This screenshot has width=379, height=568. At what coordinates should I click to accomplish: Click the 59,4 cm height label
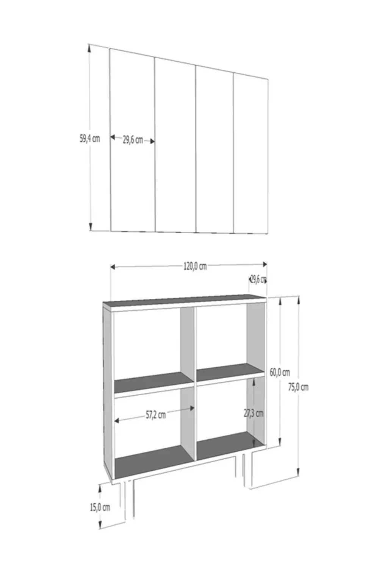(x=90, y=139)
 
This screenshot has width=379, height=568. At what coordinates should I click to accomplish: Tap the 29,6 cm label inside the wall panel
(x=133, y=140)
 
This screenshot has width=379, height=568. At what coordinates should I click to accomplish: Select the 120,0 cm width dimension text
(x=195, y=266)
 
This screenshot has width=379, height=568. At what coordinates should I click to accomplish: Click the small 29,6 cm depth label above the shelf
(x=258, y=280)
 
